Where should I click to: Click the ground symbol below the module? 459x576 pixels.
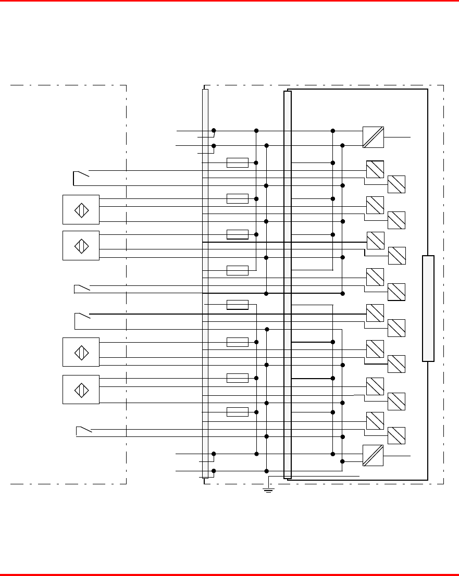(268, 490)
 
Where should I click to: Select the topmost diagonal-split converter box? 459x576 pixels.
(373, 137)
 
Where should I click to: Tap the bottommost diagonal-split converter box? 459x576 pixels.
(373, 455)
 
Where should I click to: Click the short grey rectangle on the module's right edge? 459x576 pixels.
(428, 308)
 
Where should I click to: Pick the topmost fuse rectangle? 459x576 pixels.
(238, 162)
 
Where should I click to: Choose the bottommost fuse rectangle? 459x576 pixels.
(238, 412)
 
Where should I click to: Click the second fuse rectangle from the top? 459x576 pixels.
(238, 198)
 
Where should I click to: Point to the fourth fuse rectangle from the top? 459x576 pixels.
(238, 270)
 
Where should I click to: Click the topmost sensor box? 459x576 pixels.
(81, 209)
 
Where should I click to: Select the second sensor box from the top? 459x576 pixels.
(81, 245)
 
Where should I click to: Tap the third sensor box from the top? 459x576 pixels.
(81, 352)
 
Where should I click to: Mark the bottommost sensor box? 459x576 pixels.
(81, 389)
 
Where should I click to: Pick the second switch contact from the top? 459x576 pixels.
(82, 288)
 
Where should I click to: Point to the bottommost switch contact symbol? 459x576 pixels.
(83, 431)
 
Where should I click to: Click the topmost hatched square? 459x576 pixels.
(375, 170)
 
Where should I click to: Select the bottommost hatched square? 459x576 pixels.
(396, 435)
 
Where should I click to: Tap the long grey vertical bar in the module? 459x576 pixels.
(288, 284)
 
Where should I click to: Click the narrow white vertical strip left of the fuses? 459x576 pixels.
(205, 283)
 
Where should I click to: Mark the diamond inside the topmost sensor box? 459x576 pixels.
(81, 209)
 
